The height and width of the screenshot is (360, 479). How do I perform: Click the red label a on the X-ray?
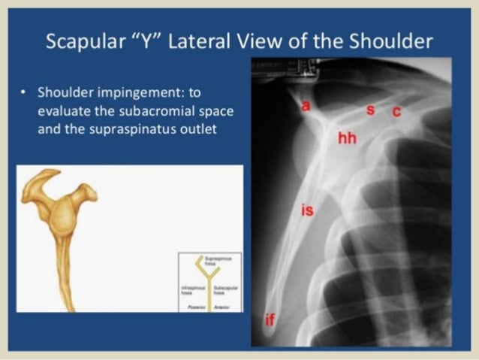click(305, 106)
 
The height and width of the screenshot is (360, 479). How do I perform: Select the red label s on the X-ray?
click(369, 110)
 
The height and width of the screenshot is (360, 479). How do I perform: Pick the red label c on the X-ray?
click(396, 112)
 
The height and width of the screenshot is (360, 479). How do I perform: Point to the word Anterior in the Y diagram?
click(222, 307)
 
